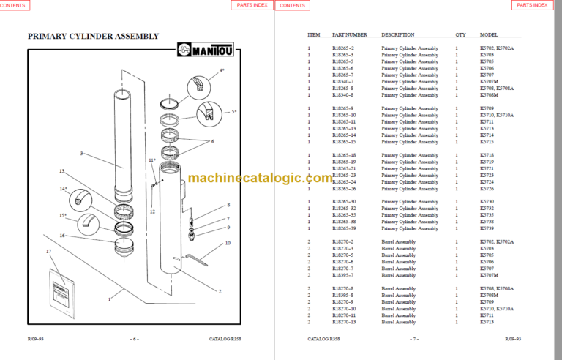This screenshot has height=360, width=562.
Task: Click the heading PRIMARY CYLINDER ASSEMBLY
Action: [93, 36]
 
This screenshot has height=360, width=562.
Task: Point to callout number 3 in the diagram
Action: [82, 154]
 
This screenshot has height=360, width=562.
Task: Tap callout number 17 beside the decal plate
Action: [49, 252]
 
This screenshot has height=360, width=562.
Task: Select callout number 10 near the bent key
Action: [228, 242]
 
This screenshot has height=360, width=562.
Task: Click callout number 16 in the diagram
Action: [63, 235]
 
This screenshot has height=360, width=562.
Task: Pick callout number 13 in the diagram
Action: [62, 171]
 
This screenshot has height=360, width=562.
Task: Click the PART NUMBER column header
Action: [349, 34]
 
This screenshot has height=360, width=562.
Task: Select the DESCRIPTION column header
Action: [397, 34]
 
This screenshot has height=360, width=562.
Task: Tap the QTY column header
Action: [460, 34]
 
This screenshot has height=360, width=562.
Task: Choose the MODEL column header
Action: [489, 34]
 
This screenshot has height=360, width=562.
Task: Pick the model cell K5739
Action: [487, 229]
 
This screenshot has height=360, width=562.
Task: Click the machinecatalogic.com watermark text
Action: [260, 179]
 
